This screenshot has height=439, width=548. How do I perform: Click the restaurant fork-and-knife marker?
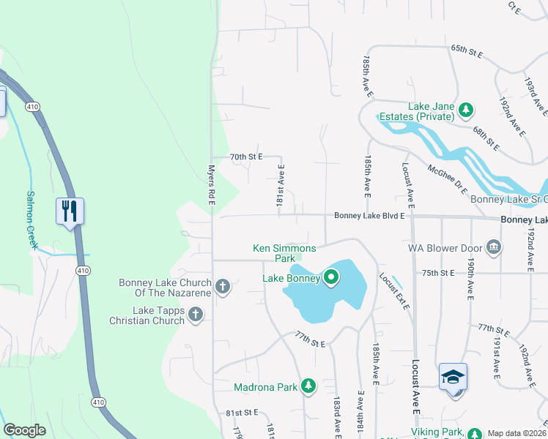[x=70, y=211]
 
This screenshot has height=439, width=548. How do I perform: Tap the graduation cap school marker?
[x=453, y=378]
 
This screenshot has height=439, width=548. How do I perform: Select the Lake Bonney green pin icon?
[x=330, y=277]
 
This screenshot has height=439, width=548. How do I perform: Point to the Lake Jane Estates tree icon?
[x=464, y=110]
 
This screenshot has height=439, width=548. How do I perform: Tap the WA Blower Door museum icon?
[x=494, y=247]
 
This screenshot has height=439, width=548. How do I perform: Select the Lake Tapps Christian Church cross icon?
[x=195, y=314]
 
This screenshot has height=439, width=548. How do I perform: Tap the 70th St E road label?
[x=245, y=157]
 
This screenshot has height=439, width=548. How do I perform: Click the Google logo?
[x=24, y=430]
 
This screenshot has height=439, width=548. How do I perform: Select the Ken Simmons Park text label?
[x=274, y=253]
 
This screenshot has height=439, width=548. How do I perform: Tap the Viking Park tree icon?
[x=474, y=433]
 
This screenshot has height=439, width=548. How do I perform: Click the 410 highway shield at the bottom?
[x=97, y=402]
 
